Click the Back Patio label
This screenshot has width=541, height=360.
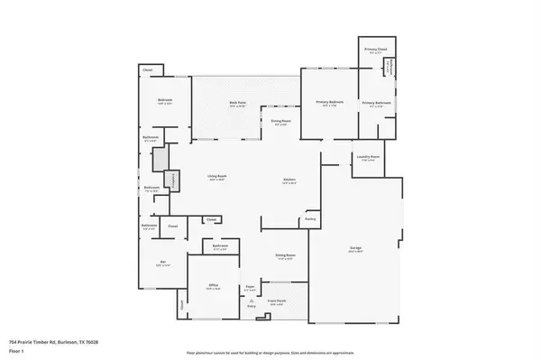coord(238,103)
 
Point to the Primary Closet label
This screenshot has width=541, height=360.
coord(376,49)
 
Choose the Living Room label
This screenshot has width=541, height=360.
coord(217,176)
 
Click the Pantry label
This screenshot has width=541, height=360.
coord(310,217)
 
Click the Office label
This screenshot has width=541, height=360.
coord(214,285)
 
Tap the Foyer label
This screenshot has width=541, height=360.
coord(250,288)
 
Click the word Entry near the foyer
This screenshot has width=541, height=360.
coord(252,307)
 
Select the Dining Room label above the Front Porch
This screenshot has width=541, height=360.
coord(286,256)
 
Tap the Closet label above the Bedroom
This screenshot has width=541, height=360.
coord(147,69)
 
